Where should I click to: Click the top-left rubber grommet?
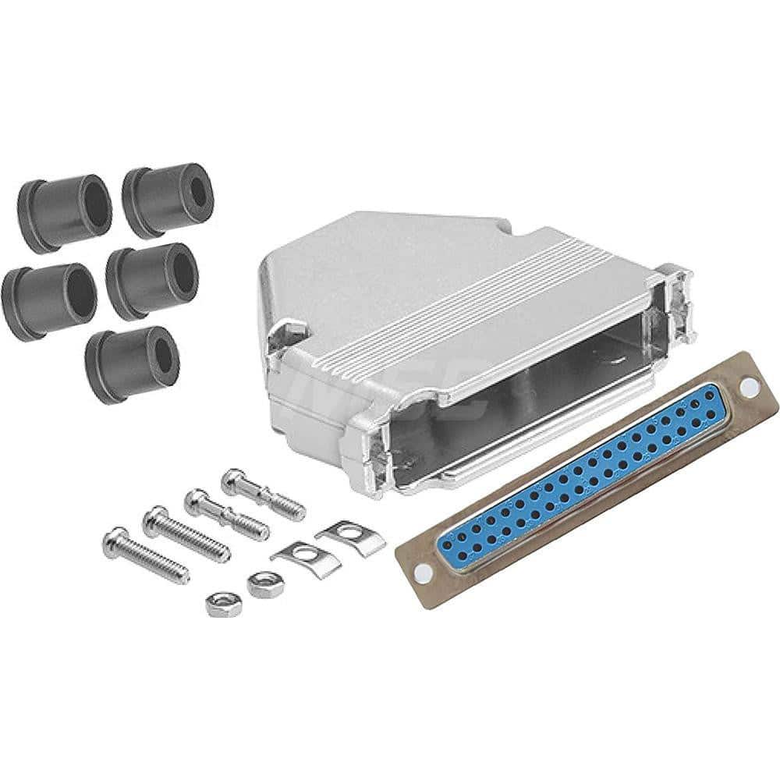tap(64, 212)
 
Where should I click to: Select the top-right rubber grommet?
tap(166, 199)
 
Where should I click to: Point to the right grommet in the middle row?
tap(152, 281)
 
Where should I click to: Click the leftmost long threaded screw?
tap(146, 554)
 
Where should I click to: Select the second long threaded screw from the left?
tap(186, 534)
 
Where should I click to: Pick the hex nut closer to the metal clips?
tap(260, 583)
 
